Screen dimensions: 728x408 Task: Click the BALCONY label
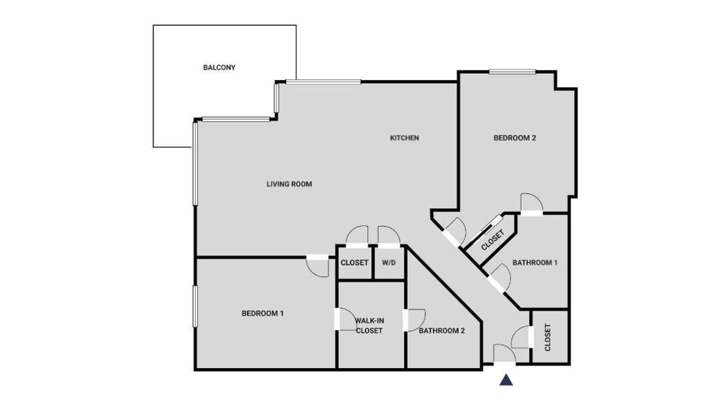pos(219,68)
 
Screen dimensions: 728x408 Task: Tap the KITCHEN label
pos(404,138)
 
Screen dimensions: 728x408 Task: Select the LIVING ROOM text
pos(289,184)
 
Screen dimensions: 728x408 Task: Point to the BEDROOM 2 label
pos(514,138)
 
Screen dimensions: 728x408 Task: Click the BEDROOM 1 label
pos(262,314)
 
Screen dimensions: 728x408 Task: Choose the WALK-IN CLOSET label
pos(369,326)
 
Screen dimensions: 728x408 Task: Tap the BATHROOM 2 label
pos(442,331)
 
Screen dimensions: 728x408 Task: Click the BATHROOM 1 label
pos(535,262)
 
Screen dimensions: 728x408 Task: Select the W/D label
pos(389,262)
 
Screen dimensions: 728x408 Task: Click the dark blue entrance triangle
pos(506,380)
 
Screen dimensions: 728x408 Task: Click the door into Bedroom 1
pos(318,266)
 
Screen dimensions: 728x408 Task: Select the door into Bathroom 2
pos(415,320)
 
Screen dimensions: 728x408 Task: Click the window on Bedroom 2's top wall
pos(512,72)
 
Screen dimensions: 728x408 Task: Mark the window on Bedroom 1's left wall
pos(195,306)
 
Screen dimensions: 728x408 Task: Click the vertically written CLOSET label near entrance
pos(547,338)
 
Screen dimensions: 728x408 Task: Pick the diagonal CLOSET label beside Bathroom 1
pos(493,240)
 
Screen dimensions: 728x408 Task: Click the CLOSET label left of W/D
pos(354,262)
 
